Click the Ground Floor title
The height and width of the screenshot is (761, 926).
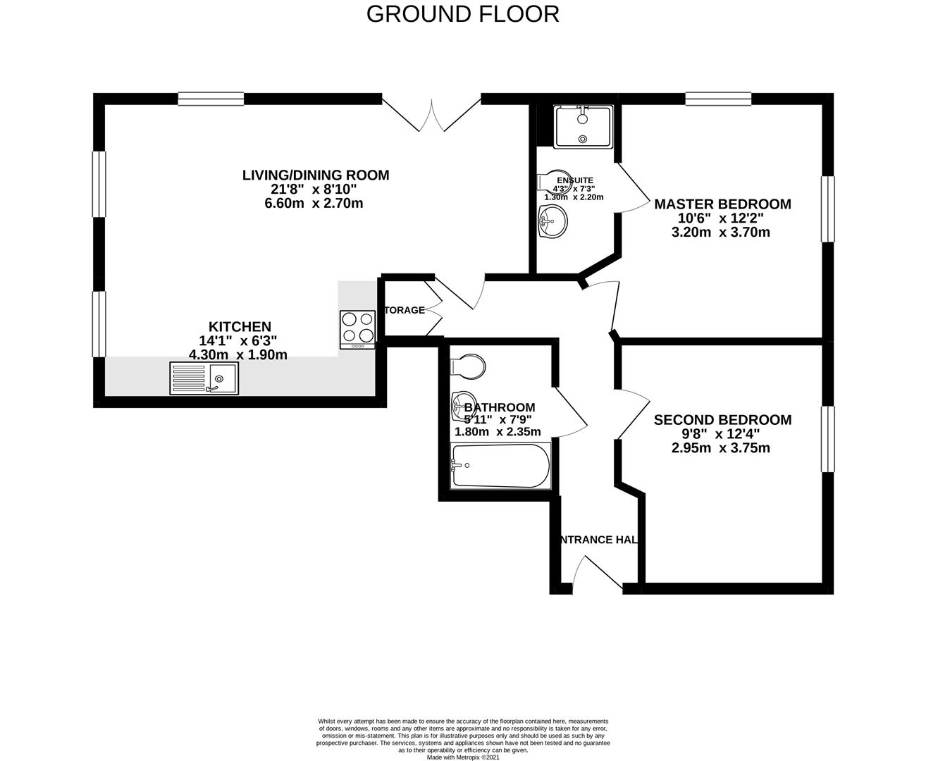(462, 14)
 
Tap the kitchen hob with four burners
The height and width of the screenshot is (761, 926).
(357, 329)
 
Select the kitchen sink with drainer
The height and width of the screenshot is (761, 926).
(204, 378)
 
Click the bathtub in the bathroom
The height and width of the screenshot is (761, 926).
(501, 466)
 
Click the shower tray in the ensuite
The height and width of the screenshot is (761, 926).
(583, 127)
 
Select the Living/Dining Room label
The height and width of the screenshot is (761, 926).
(315, 175)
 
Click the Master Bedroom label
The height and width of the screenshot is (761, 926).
(722, 204)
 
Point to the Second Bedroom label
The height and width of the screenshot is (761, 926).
(722, 420)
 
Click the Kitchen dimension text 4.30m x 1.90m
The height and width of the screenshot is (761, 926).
(238, 355)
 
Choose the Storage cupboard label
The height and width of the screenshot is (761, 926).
(405, 310)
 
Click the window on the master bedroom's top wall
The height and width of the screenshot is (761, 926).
(718, 99)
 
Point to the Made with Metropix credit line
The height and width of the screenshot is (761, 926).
(462, 757)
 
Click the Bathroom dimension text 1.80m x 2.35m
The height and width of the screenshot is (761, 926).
(498, 432)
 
